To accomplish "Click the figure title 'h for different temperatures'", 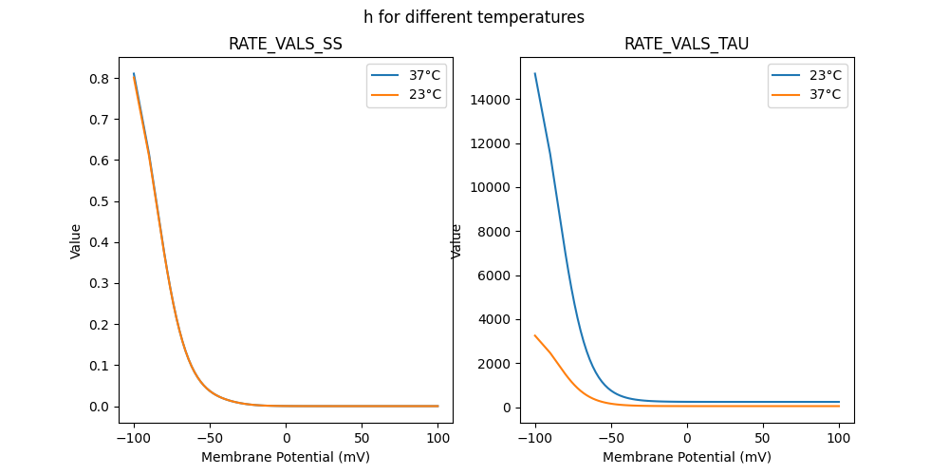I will [x=474, y=17].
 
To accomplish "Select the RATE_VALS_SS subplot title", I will [x=285, y=44].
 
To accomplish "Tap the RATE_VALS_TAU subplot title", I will [x=686, y=44].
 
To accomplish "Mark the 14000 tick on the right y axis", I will [x=492, y=100].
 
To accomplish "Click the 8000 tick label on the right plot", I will [x=495, y=232].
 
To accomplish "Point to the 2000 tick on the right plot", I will [x=495, y=364].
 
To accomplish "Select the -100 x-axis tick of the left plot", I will [x=134, y=438].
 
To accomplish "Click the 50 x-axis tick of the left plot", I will [x=362, y=438].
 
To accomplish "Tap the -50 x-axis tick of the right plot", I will [x=611, y=438].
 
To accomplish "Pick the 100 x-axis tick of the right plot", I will [x=839, y=438].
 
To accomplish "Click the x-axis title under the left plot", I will [x=285, y=457].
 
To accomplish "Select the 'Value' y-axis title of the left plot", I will [x=76, y=241].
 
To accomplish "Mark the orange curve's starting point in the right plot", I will [x=535, y=335].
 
